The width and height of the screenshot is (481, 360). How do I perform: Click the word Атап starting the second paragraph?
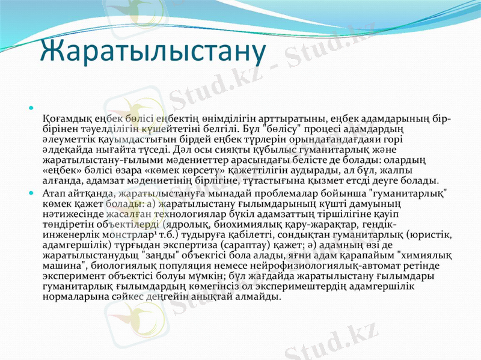point(55,193)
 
